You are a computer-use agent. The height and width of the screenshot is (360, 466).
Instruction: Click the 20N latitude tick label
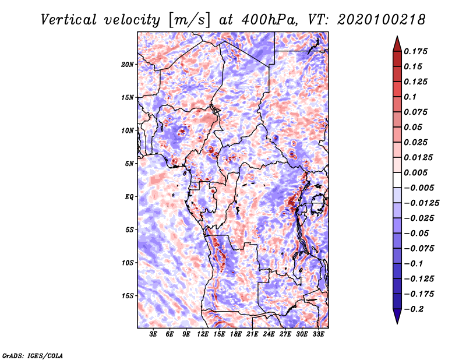pyautogui.click(x=128, y=65)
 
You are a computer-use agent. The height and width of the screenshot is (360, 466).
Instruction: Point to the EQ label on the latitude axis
pyautogui.click(x=129, y=197)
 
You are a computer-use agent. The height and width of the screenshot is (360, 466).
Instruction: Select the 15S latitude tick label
pyautogui.click(x=128, y=296)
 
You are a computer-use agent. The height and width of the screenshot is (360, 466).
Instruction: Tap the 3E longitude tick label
pyautogui.click(x=153, y=334)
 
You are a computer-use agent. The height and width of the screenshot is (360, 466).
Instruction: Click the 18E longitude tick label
pyautogui.click(x=236, y=334)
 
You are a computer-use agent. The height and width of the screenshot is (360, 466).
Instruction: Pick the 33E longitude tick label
pyautogui.click(x=318, y=334)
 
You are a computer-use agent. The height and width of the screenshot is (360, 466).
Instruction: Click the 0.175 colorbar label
pyautogui.click(x=415, y=51)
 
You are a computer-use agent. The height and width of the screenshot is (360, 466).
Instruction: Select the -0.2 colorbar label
pyautogui.click(x=414, y=309)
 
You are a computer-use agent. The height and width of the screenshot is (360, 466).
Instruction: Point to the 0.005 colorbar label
pyautogui.click(x=415, y=172)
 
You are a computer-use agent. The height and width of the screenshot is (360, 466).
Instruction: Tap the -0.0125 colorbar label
pyautogui.click(x=421, y=203)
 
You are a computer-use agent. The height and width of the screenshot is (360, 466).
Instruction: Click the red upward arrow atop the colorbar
pyautogui.click(x=397, y=44)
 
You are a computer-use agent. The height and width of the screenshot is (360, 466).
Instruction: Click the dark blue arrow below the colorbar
pyautogui.click(x=397, y=316)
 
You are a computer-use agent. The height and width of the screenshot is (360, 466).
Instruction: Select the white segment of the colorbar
pyautogui.click(x=397, y=180)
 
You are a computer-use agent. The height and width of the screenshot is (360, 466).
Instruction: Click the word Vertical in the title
pyautogui.click(x=69, y=20)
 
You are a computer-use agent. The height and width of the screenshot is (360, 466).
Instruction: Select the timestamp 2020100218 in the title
pyautogui.click(x=381, y=20)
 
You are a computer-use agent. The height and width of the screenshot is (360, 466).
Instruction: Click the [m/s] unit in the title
pyautogui.click(x=189, y=20)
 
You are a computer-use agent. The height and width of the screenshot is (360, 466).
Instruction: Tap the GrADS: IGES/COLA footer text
pyautogui.click(x=33, y=356)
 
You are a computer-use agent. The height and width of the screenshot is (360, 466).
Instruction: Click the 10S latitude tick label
pyautogui.click(x=128, y=263)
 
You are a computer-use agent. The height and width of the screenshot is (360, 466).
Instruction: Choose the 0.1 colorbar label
pyautogui.click(x=410, y=97)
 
